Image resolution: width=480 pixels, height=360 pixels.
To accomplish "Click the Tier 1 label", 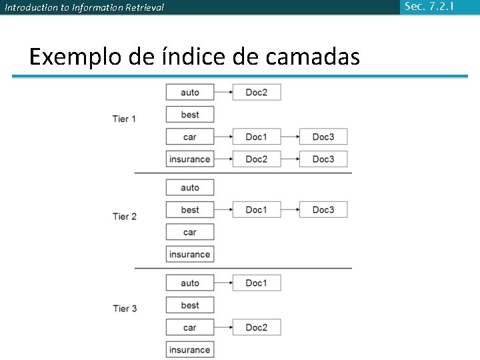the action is [x=124, y=119].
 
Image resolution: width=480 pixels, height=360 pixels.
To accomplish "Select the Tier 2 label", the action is [x=124, y=216].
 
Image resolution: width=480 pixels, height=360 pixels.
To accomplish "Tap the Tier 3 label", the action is [x=124, y=308].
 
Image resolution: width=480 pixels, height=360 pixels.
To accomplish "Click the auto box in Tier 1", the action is [x=190, y=92].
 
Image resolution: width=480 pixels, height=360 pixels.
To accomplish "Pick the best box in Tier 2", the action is [x=190, y=209].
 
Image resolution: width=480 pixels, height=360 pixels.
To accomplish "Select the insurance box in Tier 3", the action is [x=190, y=349].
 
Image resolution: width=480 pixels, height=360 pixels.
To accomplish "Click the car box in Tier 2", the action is [x=190, y=232].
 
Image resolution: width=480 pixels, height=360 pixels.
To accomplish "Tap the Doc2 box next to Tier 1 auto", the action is [x=257, y=92].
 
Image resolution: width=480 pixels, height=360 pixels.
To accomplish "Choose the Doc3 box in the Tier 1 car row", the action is [x=323, y=137].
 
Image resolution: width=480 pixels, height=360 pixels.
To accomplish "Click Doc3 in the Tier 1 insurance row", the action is [x=323, y=159].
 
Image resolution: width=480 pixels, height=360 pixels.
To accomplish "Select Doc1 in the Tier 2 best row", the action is [x=257, y=209].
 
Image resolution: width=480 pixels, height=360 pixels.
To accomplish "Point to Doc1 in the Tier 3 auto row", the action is [x=257, y=283].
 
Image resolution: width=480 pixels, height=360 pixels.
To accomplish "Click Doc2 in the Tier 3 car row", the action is [x=257, y=327].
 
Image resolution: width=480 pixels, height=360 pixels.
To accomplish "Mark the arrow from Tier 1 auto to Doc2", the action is [x=223, y=92].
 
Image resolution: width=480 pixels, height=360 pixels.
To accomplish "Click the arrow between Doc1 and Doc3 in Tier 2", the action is [x=290, y=209].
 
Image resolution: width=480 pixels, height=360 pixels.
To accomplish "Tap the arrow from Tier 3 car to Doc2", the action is [x=223, y=327].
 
